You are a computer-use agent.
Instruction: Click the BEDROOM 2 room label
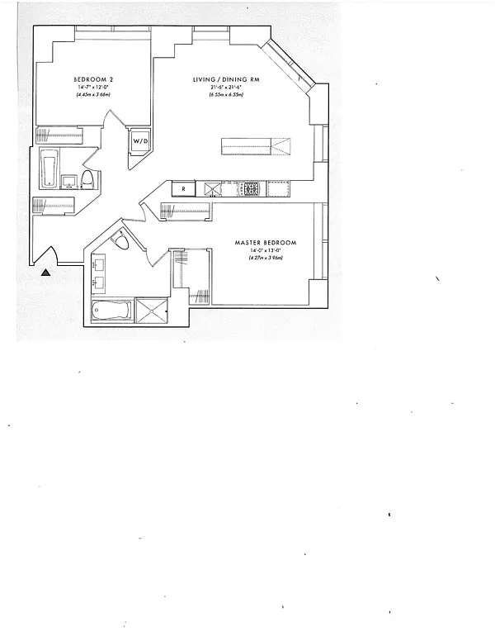tap(92, 79)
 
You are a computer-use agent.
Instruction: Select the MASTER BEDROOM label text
tap(265, 242)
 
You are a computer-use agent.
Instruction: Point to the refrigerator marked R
tap(183, 189)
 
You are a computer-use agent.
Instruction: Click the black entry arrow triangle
tap(46, 270)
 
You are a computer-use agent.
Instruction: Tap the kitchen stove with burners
tap(251, 189)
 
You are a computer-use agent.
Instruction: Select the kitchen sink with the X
tap(214, 189)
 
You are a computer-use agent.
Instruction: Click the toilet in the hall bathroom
tap(88, 178)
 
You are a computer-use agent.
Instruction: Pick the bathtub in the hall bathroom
tap(48, 170)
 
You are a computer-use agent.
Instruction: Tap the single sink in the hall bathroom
tap(69, 179)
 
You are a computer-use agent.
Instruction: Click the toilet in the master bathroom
tap(121, 241)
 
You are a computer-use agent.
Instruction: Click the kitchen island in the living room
tap(256, 147)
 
